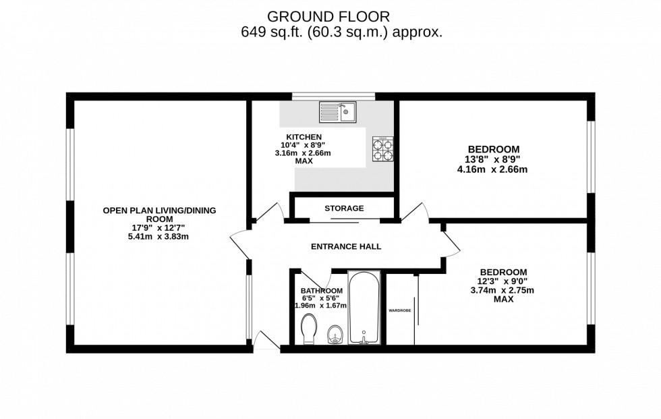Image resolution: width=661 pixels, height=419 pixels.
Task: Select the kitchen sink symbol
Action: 338,112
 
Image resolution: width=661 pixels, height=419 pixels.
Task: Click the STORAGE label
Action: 344,208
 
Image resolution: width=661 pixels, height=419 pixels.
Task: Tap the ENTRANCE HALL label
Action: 346,247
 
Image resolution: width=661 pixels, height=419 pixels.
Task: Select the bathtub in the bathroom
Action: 364,308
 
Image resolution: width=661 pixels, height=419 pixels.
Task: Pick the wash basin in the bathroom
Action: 335,334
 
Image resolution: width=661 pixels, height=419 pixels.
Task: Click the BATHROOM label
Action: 321,290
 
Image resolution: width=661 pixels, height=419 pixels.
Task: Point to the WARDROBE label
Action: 400,310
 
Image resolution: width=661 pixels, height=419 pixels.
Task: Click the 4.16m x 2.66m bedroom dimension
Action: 492,169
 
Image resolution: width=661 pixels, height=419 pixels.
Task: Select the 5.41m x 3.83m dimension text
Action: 159,237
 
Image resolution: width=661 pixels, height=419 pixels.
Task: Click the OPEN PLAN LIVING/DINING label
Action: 159,211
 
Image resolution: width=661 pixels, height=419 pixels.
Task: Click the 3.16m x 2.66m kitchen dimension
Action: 303,153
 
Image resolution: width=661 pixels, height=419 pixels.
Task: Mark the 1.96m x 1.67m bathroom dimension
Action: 321,306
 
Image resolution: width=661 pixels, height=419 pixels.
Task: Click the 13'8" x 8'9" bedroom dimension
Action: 494,160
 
